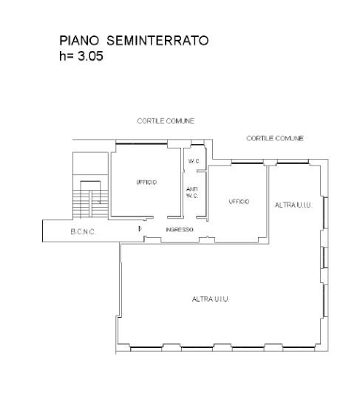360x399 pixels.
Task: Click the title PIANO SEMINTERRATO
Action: point(134,41)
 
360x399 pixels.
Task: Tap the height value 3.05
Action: point(90,56)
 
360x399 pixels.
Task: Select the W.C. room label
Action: point(194,161)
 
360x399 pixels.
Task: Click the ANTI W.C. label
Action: point(192,193)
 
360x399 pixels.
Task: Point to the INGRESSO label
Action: point(180,230)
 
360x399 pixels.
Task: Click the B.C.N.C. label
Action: point(83,232)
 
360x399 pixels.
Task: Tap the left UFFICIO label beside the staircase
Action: point(146,183)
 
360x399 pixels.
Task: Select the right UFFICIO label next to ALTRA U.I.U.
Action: point(239,202)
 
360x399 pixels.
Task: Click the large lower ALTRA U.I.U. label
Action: point(211,299)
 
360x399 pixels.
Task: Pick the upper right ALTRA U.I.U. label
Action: point(293,205)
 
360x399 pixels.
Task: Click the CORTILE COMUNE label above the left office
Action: point(166,121)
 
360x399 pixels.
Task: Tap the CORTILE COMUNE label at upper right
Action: point(275,138)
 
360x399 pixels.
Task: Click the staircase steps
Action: point(90,204)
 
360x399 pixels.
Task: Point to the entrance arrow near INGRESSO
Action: point(140,229)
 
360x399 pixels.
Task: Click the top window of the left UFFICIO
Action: point(141,144)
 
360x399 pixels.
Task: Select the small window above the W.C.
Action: point(197,145)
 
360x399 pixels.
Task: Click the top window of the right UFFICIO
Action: point(247,163)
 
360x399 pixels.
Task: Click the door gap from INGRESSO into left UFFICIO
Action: point(160,217)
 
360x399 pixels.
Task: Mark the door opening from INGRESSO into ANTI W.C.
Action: point(190,217)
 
